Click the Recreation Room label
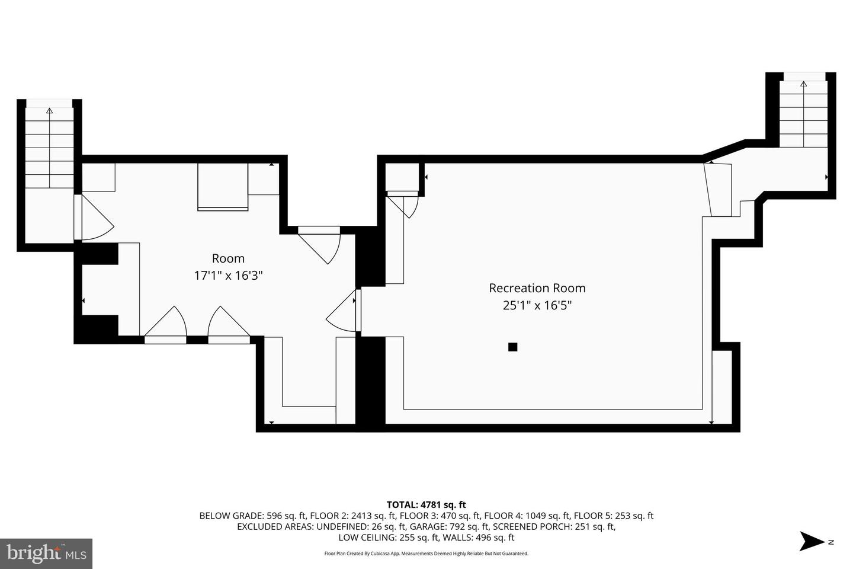pyautogui.click(x=537, y=288)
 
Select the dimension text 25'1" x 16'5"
pyautogui.click(x=537, y=305)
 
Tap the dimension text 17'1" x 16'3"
pyautogui.click(x=228, y=276)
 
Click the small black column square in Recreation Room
pyautogui.click(x=513, y=347)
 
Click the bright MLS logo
pyautogui.click(x=46, y=554)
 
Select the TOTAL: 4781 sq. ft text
pyautogui.click(x=426, y=505)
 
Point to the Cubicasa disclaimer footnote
pyautogui.click(x=426, y=554)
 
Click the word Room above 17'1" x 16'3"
pyautogui.click(x=228, y=258)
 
